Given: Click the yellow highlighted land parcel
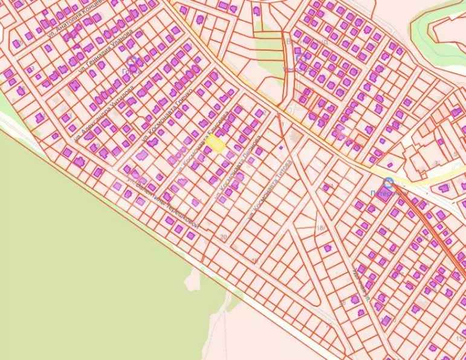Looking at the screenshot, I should (x=216, y=144).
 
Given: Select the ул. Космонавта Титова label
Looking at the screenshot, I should (x=270, y=189).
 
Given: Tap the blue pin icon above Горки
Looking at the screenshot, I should (x=132, y=62).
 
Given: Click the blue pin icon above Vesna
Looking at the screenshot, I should (x=301, y=60).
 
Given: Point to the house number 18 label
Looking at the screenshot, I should (x=319, y=228).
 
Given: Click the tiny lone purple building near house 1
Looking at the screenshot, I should (x=280, y=147).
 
